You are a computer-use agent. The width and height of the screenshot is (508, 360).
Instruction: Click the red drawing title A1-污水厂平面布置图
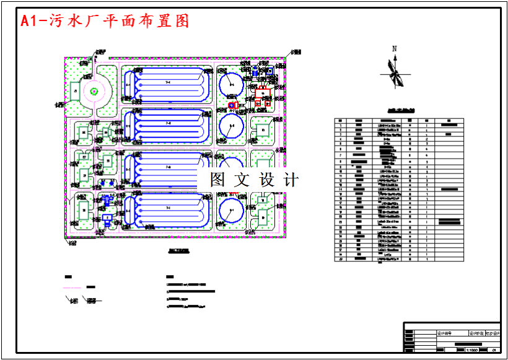(105, 22)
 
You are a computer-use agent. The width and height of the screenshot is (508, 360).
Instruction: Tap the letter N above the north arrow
(394, 48)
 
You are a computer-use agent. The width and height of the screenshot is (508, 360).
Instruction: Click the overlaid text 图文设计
(254, 180)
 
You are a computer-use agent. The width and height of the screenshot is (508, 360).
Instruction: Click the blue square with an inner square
(270, 71)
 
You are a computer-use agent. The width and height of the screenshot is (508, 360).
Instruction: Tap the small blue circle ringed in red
(232, 106)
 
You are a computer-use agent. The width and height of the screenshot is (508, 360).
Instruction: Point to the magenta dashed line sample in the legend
(72, 288)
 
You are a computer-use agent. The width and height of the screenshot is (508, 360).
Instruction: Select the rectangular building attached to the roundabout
(74, 91)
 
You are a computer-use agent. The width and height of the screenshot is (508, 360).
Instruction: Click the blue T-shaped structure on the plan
(108, 201)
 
